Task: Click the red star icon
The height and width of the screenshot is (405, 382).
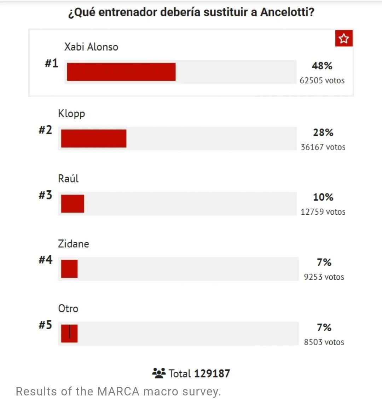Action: (344, 39)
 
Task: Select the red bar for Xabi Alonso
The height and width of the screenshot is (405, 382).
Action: (121, 72)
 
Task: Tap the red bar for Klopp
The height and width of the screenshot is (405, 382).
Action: (94, 138)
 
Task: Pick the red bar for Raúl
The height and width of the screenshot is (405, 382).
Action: (73, 203)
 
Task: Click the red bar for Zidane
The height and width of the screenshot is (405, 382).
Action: (69, 269)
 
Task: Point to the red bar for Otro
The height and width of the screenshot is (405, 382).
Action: (69, 334)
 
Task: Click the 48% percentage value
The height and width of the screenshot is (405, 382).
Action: (322, 66)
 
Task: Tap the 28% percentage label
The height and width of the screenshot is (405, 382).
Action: (323, 132)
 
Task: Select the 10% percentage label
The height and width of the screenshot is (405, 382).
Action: (323, 197)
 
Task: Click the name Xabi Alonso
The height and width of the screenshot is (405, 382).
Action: (91, 47)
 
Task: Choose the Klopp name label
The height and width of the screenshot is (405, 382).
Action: (71, 114)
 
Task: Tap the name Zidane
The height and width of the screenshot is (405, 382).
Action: (74, 244)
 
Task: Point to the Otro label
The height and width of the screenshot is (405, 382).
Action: (68, 308)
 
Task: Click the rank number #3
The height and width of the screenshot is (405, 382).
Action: (45, 195)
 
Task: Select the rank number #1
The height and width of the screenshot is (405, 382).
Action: (51, 64)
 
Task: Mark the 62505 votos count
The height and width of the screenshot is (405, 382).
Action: (322, 81)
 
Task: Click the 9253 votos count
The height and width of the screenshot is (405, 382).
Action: (324, 277)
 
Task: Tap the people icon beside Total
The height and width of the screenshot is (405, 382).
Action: (159, 373)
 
